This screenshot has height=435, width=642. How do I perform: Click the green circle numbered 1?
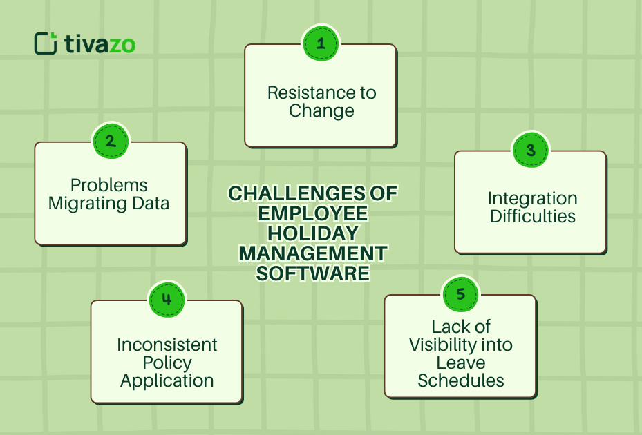[x=321, y=43]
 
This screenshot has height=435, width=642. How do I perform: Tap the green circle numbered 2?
[x=111, y=141]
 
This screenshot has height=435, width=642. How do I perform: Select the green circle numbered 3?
[x=530, y=150]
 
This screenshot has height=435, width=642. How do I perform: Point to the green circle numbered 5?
[x=460, y=294]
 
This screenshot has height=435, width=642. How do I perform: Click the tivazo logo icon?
[x=45, y=43]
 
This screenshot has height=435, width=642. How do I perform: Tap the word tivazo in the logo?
[x=100, y=45]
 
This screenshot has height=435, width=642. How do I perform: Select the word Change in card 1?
[x=321, y=110]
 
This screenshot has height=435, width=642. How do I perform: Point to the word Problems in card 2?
[x=109, y=185]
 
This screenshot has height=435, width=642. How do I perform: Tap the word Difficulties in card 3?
[x=532, y=216]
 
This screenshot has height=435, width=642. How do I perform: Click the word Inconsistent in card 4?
[x=167, y=345]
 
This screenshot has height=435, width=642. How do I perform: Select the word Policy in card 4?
[x=167, y=362]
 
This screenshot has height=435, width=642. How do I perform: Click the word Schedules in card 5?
[x=460, y=380]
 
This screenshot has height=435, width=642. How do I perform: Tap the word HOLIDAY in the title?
[x=313, y=233]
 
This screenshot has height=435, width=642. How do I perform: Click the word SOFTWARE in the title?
[x=313, y=273]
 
